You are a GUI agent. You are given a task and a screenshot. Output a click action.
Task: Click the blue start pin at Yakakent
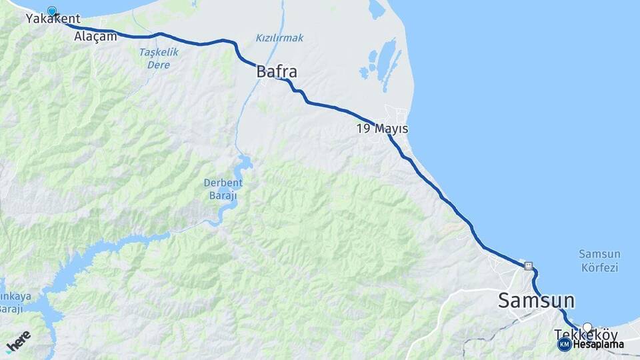[x=52, y=11]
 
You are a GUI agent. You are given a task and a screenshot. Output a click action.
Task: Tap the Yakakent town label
[x=53, y=19]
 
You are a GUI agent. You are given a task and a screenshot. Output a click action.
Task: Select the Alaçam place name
[x=96, y=37]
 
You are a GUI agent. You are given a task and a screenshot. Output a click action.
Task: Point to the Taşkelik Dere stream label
[x=154, y=59]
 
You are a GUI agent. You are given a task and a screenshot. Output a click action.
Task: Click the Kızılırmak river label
[x=279, y=38]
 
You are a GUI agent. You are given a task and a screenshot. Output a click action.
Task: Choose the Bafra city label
[x=277, y=71]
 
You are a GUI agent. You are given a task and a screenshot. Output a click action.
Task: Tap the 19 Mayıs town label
[x=382, y=129]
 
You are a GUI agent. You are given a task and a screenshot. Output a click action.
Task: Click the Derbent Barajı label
[x=223, y=190]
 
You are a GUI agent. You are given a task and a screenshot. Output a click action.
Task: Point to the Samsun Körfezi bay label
[x=599, y=261]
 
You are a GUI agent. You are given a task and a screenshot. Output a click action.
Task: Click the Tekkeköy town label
[x=585, y=335]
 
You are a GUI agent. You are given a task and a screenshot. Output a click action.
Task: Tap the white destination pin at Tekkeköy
[x=587, y=327]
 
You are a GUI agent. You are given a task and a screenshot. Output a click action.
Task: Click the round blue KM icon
[x=564, y=345]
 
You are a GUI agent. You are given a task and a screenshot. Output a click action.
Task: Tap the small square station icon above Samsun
[x=529, y=265]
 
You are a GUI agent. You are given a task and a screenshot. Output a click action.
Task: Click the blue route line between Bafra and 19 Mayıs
[x=333, y=107]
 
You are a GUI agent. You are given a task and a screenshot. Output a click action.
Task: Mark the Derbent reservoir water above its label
[x=244, y=163]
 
